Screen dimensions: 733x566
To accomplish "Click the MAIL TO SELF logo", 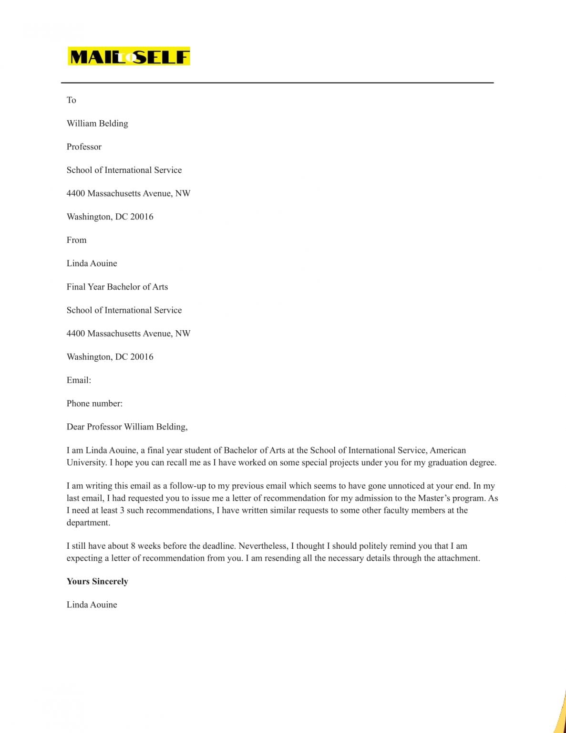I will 129,56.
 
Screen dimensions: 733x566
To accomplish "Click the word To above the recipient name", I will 72,100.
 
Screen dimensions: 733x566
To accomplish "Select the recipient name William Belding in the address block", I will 97,123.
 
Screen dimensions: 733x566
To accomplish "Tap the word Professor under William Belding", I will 84,147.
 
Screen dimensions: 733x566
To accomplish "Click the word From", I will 76,240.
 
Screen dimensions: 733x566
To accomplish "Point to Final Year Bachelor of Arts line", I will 117,287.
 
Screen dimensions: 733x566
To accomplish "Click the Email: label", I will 79,380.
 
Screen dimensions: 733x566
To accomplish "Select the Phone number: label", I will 94,403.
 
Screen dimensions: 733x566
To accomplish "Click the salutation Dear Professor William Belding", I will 127,427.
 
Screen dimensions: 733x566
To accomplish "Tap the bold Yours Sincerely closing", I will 97,581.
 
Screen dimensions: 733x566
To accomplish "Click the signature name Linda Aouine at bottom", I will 92,605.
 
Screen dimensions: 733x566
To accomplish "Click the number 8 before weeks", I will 133,546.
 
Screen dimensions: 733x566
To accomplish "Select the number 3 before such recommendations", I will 122,510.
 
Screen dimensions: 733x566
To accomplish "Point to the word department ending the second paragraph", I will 88,523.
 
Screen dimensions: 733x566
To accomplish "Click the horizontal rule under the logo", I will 277,83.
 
